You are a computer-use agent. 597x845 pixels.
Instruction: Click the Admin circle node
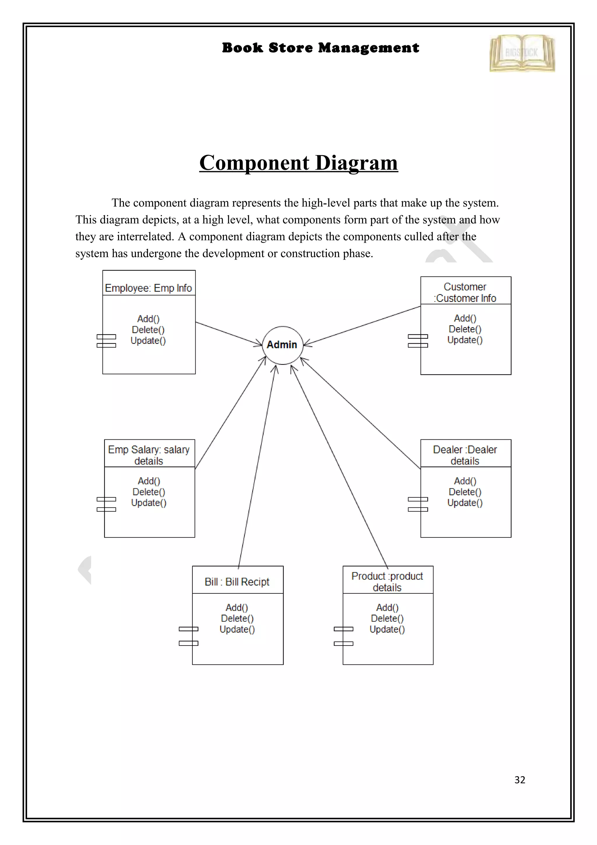pyautogui.click(x=282, y=345)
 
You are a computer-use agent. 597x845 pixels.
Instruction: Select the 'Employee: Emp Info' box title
pyautogui.click(x=148, y=288)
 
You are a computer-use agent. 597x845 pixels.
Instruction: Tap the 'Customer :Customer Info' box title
pyautogui.click(x=465, y=292)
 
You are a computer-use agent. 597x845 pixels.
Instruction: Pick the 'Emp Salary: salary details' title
pyautogui.click(x=149, y=455)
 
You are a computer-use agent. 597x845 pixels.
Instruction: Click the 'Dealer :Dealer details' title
pyautogui.click(x=465, y=455)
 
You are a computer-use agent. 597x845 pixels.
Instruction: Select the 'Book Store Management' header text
pyautogui.click(x=320, y=48)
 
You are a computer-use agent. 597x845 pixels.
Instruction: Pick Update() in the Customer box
pyautogui.click(x=465, y=340)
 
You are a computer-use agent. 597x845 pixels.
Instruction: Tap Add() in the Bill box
pyautogui.click(x=237, y=608)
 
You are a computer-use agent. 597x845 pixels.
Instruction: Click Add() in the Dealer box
pyautogui.click(x=465, y=481)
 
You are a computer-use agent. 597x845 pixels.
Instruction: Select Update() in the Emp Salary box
pyautogui.click(x=149, y=503)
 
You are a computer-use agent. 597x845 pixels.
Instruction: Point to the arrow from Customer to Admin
pyautogui.click(x=362, y=326)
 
